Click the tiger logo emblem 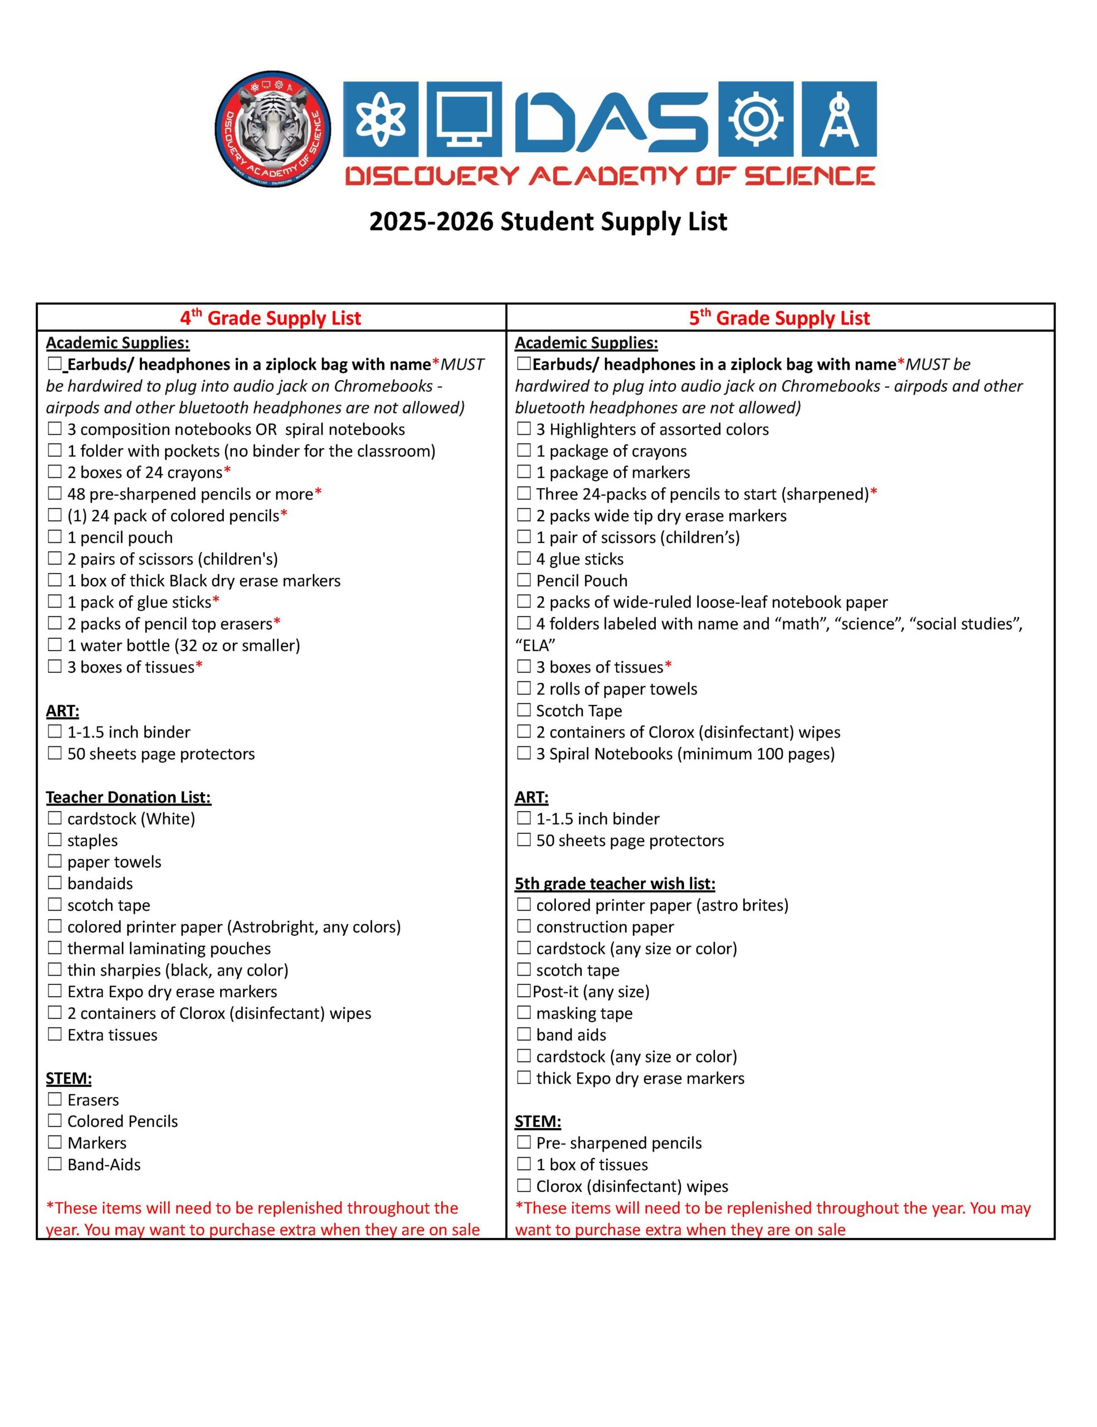point(272,129)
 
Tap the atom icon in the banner point(380,119)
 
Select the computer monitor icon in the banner point(464,119)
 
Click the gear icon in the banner point(755,119)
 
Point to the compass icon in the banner point(839,119)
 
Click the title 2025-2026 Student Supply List point(548,222)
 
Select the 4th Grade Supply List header point(270,318)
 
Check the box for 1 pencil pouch point(55,537)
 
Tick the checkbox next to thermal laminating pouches point(55,948)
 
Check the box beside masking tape point(524,1013)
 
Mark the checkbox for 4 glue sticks point(524,559)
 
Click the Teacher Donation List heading point(128,797)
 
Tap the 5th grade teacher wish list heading point(615,884)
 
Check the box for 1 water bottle point(55,645)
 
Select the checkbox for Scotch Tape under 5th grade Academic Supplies point(524,710)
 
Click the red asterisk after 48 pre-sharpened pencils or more point(318,492)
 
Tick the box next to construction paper point(524,926)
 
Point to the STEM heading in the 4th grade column point(69,1078)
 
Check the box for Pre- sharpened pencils point(524,1143)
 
